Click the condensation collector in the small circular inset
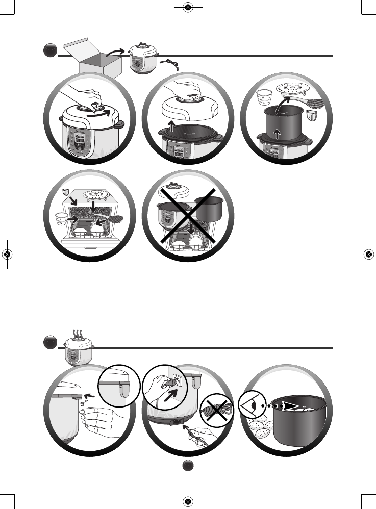122,390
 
